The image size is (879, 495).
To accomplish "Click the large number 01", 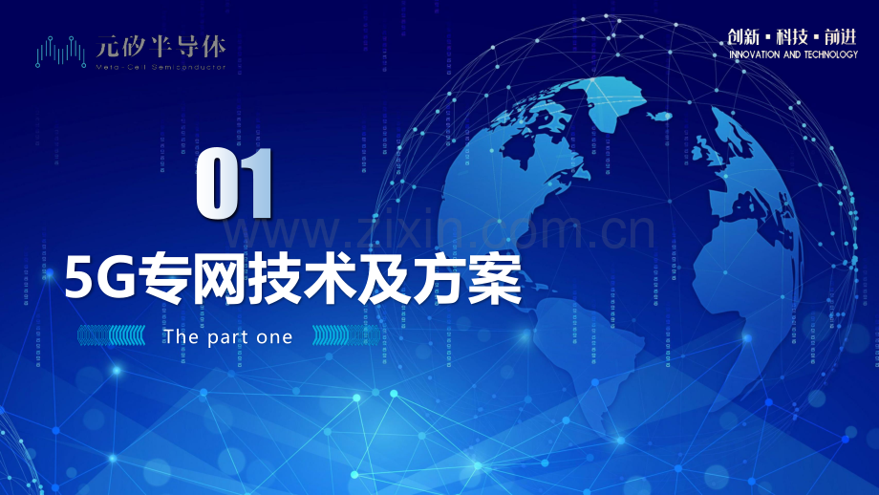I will pyautogui.click(x=235, y=183).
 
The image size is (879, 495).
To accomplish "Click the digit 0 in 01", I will pyautogui.click(x=216, y=183).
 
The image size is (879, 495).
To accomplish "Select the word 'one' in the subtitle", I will pyautogui.click(x=275, y=337).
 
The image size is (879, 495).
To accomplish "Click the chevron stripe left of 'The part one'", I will pyautogui.click(x=112, y=336).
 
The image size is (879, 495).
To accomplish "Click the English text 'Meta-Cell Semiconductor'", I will pyautogui.click(x=161, y=68).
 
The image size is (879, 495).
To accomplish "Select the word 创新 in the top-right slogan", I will pyautogui.click(x=743, y=36).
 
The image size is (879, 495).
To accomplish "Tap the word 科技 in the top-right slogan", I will pyautogui.click(x=792, y=36).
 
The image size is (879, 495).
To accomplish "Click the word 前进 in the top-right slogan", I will pyautogui.click(x=841, y=36).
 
